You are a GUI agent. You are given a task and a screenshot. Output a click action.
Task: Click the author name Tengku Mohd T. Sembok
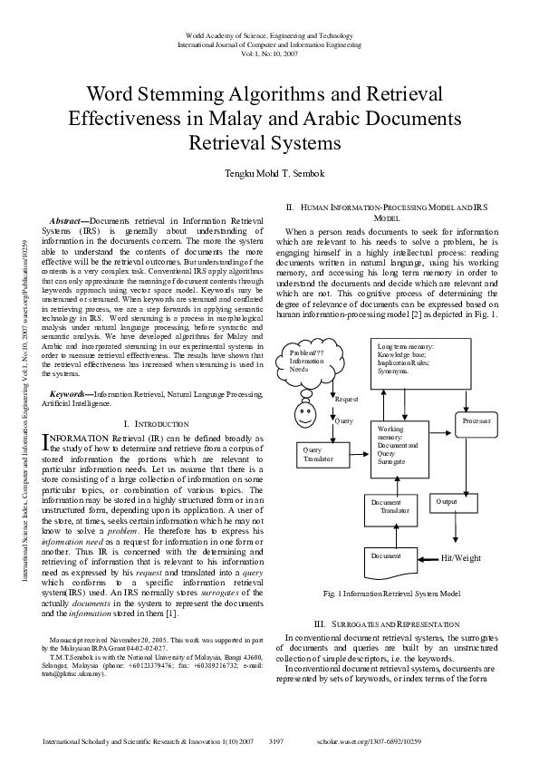pos(269,173)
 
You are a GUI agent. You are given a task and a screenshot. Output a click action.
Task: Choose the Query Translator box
pos(316,454)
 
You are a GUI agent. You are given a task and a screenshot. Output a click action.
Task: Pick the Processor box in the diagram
pos(477,422)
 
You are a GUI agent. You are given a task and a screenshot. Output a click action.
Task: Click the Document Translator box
pos(396,506)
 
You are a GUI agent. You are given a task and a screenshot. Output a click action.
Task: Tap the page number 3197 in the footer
pos(277,740)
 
